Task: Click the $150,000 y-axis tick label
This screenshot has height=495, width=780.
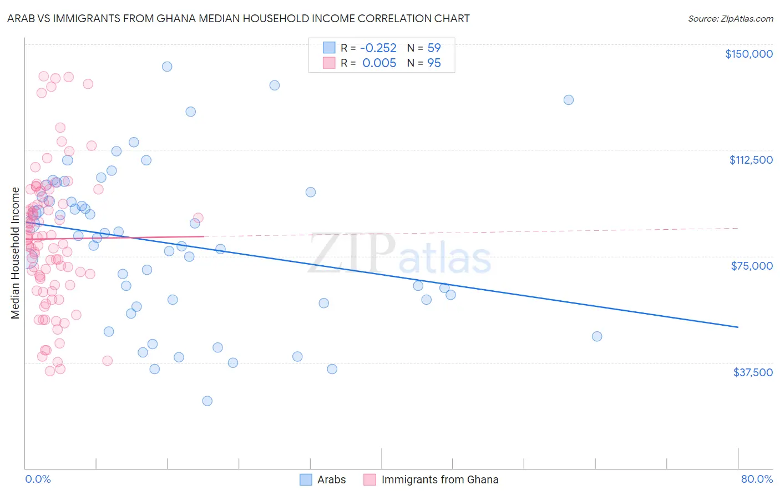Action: tap(748, 54)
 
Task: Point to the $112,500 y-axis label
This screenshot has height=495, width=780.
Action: tap(751, 160)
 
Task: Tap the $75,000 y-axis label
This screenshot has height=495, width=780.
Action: tap(752, 266)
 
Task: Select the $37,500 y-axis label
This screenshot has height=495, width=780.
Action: tap(753, 372)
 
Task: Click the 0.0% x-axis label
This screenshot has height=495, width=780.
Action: tap(38, 479)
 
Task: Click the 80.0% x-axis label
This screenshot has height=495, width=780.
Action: tap(757, 479)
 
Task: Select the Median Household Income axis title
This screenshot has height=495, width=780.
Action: tap(16, 253)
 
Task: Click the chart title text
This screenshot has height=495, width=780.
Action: tap(238, 18)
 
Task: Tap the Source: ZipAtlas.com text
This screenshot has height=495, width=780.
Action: tap(730, 19)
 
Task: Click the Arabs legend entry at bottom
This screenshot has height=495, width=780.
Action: tap(331, 479)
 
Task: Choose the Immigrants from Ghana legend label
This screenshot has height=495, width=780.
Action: tap(439, 479)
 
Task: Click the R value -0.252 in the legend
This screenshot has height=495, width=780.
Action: tap(379, 48)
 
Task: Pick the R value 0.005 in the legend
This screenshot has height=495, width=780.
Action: tap(379, 63)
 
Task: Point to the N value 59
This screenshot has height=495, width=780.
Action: tap(434, 48)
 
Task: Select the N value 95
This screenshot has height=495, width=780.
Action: tap(434, 63)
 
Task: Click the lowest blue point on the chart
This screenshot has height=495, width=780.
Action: tap(207, 401)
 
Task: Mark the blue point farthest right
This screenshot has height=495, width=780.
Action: tap(597, 336)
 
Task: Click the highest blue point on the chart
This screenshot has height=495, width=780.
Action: tap(167, 67)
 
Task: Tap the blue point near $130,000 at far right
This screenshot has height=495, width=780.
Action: tap(569, 100)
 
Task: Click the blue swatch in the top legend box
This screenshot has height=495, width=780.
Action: tap(329, 48)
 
